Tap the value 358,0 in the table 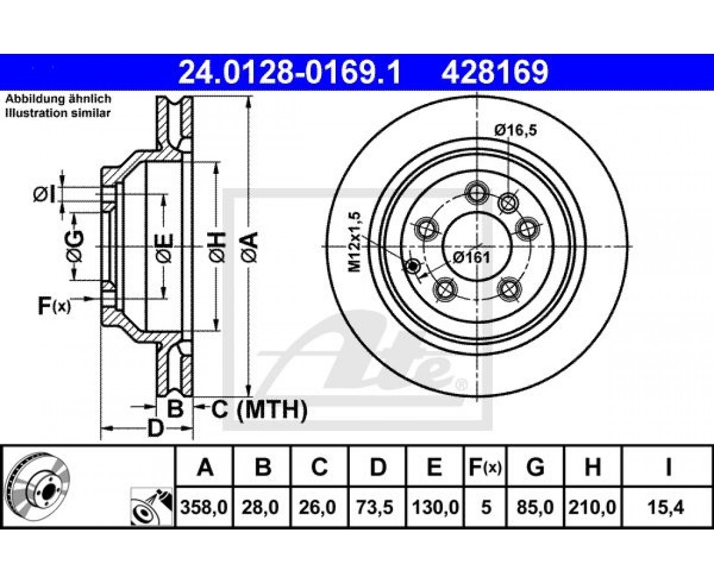[204, 507]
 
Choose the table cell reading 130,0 [434, 507]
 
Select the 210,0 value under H [593, 507]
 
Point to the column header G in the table [535, 467]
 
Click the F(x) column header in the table [485, 467]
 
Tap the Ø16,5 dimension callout [516, 130]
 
